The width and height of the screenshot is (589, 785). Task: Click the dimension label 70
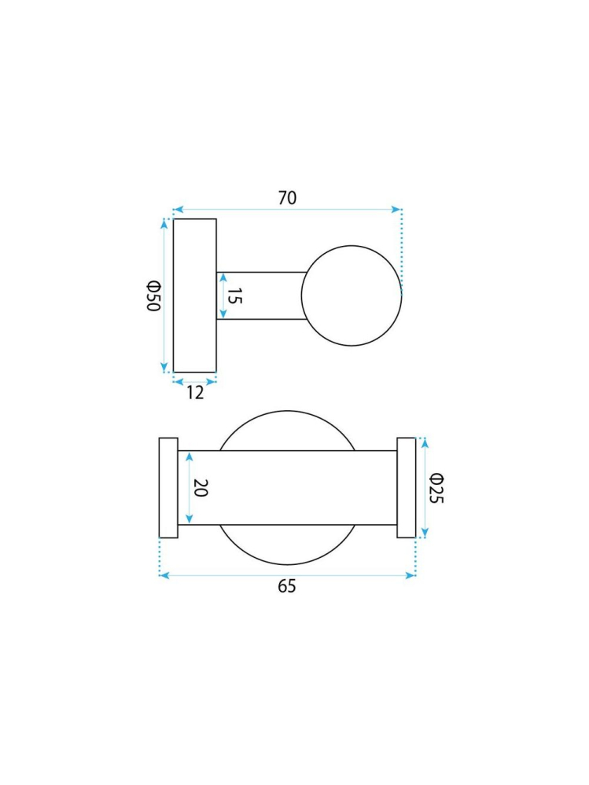click(287, 198)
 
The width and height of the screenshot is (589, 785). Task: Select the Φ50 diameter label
click(153, 295)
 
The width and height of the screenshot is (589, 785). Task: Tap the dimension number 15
click(235, 296)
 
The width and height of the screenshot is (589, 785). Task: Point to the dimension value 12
click(195, 393)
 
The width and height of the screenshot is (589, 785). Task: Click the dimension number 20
click(200, 488)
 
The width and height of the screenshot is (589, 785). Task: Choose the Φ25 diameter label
click(436, 488)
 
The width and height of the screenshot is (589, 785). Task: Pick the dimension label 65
click(287, 586)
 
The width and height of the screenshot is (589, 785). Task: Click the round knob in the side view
click(352, 295)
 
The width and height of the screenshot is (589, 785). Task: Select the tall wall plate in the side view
click(194, 295)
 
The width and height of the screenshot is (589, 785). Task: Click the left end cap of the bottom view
click(168, 488)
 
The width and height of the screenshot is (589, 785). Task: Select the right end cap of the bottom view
click(406, 488)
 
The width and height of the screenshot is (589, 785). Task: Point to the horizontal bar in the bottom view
click(287, 488)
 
